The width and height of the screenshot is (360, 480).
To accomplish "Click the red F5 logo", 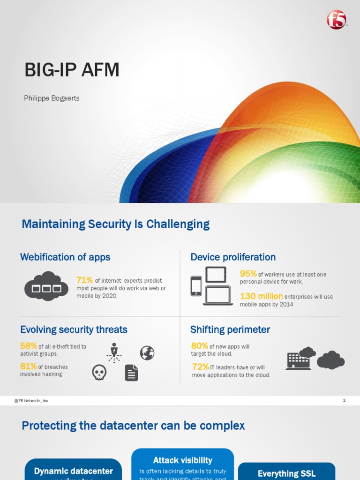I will tap(336, 20).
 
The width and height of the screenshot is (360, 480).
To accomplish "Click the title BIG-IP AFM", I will tap(72, 70).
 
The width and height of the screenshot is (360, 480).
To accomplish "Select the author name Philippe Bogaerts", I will tap(52, 98).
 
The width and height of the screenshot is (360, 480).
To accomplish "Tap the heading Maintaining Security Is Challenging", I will tap(115, 224).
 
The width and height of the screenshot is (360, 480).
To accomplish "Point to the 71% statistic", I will tap(84, 280).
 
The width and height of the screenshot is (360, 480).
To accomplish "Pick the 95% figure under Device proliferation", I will tap(248, 274).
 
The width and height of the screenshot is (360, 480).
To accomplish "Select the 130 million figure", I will tap(261, 296).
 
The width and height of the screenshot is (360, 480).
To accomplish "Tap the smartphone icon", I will tap(196, 285).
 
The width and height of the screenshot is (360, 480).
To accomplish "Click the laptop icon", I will tap(218, 296).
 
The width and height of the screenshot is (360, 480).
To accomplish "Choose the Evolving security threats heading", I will tap(74, 330).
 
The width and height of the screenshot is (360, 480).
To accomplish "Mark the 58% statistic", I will tap(28, 346).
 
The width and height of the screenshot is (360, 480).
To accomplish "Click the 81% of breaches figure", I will tap(28, 366).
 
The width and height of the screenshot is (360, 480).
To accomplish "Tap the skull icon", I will tap(99, 373).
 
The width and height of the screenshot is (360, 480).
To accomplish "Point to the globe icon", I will tap(147, 353).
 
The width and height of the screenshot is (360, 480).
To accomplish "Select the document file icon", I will tap(131, 373).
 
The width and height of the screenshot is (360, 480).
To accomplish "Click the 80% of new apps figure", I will tap(199, 346).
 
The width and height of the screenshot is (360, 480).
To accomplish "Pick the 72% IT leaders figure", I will tap(200, 367).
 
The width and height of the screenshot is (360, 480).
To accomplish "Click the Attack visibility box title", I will tap(182, 460).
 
